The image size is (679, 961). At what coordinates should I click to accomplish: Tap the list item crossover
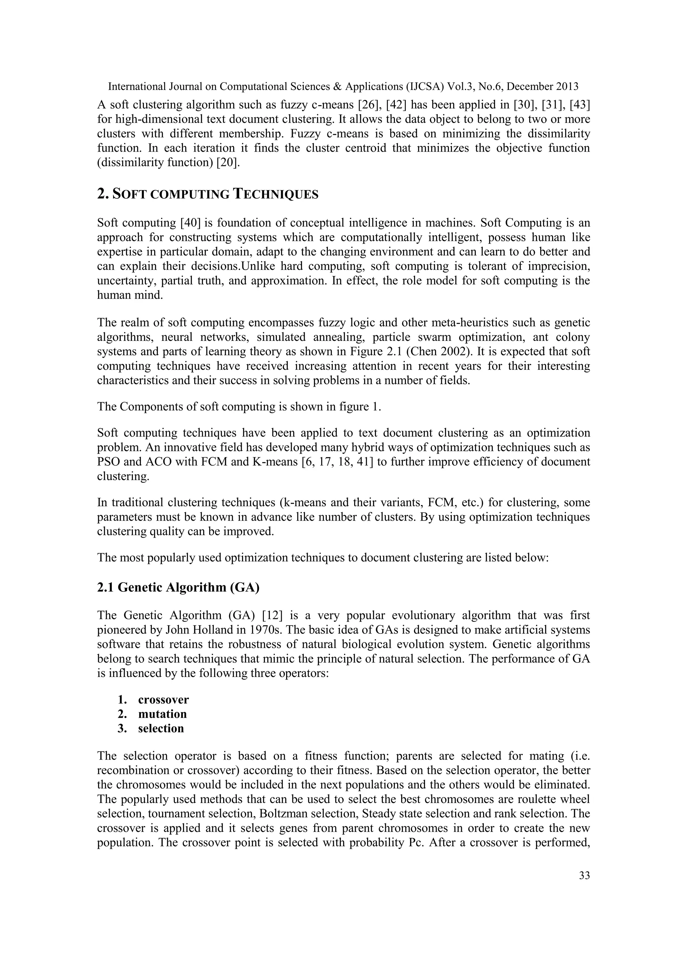click(x=163, y=700)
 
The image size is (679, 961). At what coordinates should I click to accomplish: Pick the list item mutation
click(x=162, y=714)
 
